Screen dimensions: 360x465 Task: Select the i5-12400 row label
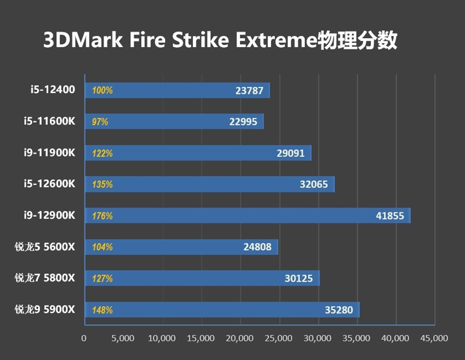[x=53, y=90]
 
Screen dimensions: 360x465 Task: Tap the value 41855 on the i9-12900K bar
[x=390, y=216]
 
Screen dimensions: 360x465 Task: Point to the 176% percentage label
[x=102, y=216]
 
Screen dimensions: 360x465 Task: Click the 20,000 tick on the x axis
[x=240, y=338]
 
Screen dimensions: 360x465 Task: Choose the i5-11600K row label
[x=50, y=122]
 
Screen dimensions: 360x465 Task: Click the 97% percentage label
[x=101, y=122]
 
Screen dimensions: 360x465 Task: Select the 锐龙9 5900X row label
[x=45, y=309]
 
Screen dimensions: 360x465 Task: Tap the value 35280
[x=339, y=310]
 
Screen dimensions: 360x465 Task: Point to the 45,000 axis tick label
[x=435, y=338]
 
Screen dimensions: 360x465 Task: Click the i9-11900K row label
[x=50, y=153]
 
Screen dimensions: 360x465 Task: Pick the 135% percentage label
[x=102, y=185]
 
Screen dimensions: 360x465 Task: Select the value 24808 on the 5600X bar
[x=257, y=247]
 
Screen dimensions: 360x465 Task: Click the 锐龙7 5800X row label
[x=45, y=278]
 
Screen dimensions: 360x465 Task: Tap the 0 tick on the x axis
[x=84, y=338]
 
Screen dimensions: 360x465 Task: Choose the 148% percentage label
[x=102, y=310]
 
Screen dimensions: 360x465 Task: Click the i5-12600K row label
[x=50, y=184]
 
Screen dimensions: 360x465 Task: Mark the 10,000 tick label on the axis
[x=162, y=338]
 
